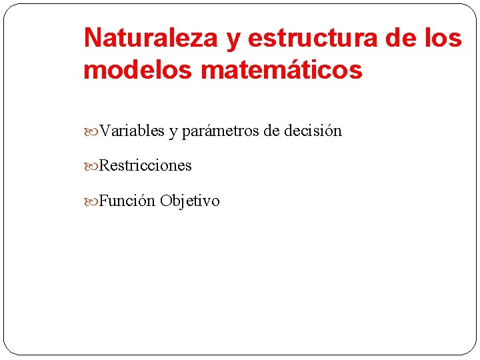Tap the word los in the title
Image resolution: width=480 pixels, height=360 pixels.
(x=445, y=39)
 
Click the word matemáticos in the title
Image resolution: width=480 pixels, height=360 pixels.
(x=280, y=69)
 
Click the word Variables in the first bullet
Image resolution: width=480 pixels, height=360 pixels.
(x=132, y=131)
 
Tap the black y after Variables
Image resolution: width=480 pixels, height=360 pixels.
(x=173, y=132)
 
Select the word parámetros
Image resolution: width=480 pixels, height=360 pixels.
(x=221, y=131)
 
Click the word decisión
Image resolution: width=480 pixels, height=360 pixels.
(x=313, y=131)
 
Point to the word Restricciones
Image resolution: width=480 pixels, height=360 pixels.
(x=145, y=165)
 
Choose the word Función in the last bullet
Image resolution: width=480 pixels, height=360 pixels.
(x=127, y=201)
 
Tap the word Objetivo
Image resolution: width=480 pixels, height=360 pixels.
(x=189, y=201)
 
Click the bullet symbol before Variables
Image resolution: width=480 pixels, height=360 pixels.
(x=91, y=131)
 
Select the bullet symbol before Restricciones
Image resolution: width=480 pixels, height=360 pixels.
(x=91, y=166)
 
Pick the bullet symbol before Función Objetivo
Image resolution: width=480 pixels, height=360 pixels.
(x=91, y=201)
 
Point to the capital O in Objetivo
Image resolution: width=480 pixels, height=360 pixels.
(x=165, y=201)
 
